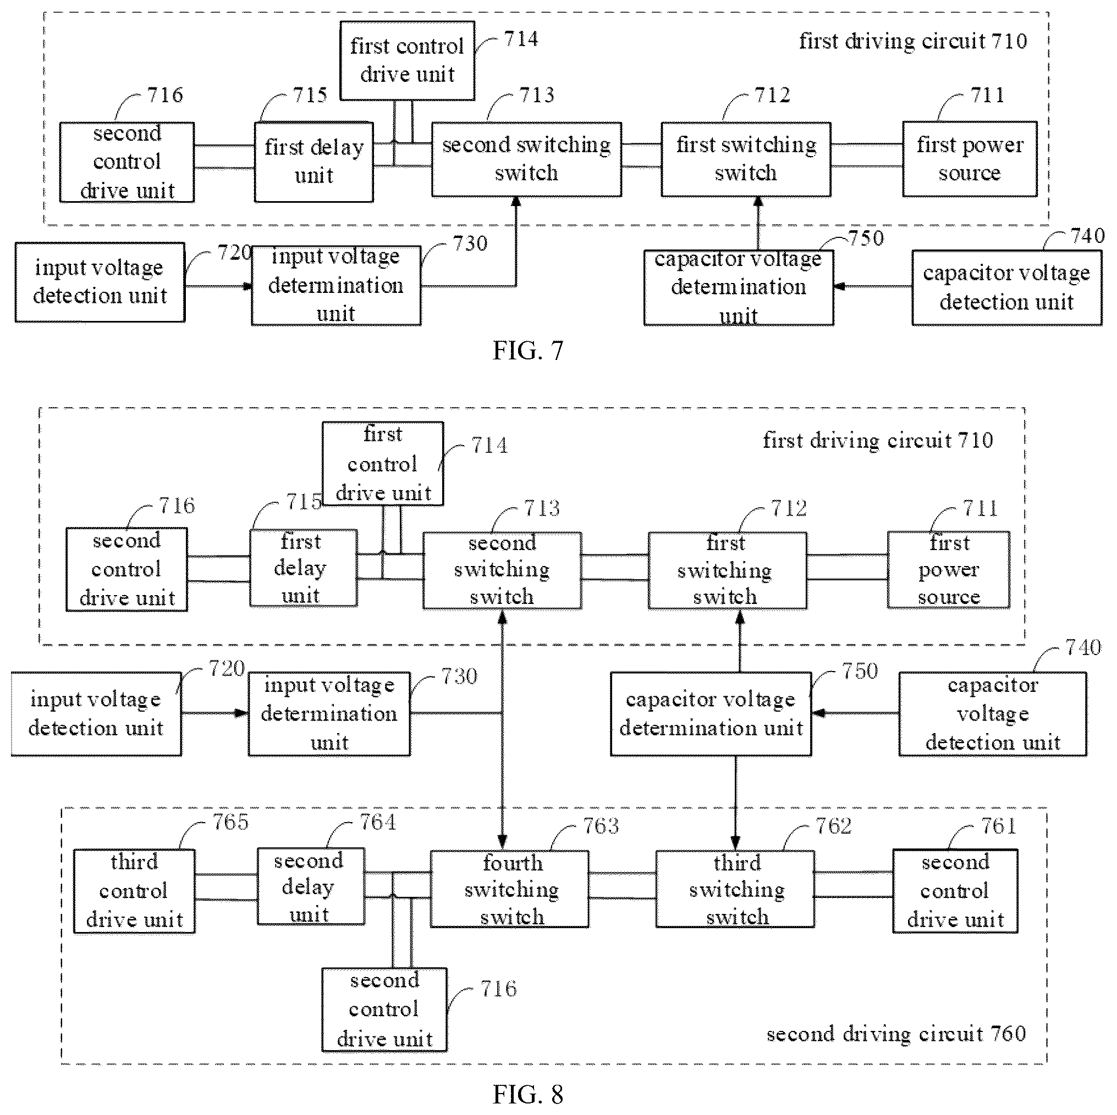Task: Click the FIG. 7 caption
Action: (x=527, y=351)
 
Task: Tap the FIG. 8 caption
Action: (x=527, y=1094)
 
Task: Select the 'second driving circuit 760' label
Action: (x=896, y=1034)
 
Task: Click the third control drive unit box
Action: (x=134, y=891)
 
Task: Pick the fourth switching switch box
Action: (x=509, y=889)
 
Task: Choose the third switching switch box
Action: (x=735, y=889)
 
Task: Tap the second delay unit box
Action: (x=311, y=887)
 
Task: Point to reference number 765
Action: (x=230, y=822)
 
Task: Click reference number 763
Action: (x=601, y=826)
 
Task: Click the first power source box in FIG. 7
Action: (x=970, y=159)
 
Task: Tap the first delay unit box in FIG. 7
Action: (x=314, y=162)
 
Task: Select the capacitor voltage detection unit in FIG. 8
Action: (x=993, y=714)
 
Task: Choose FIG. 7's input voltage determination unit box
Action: (x=336, y=285)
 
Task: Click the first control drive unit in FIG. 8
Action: (x=383, y=463)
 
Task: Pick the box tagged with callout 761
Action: (x=955, y=891)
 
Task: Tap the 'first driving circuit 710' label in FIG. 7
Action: (x=913, y=41)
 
